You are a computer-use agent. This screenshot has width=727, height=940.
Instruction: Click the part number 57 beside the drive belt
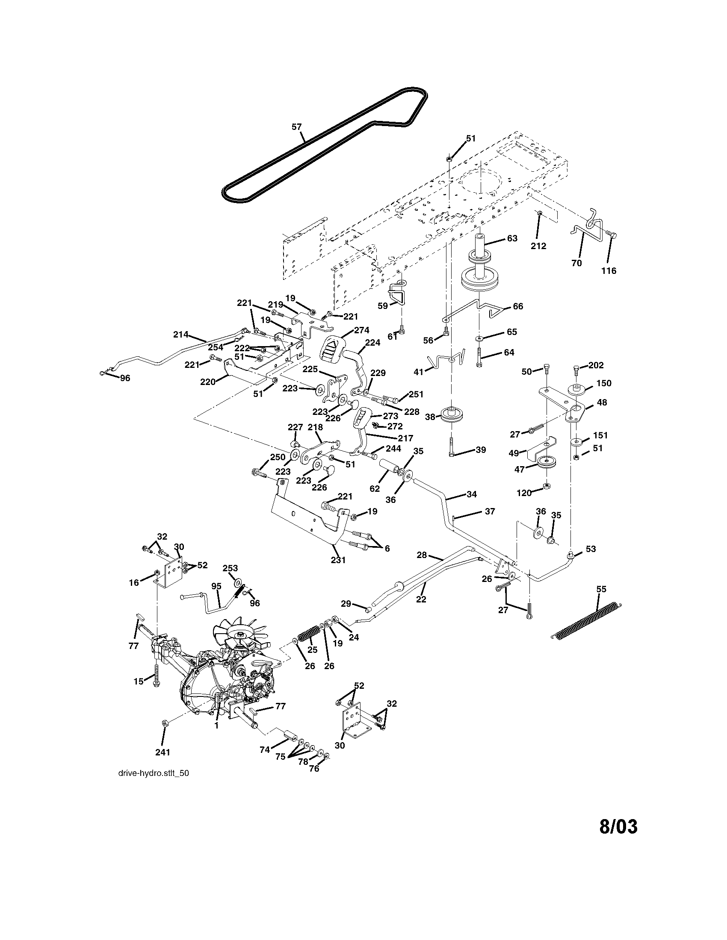(296, 126)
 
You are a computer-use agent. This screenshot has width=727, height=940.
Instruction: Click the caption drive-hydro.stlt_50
(154, 773)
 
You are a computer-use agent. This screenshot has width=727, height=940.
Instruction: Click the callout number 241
(163, 752)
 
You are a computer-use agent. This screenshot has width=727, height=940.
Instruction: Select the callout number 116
(609, 271)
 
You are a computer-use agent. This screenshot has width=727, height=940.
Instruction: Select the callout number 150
(603, 383)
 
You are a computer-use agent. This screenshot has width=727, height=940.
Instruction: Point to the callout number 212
(538, 246)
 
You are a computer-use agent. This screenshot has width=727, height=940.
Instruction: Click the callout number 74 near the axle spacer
(265, 749)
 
